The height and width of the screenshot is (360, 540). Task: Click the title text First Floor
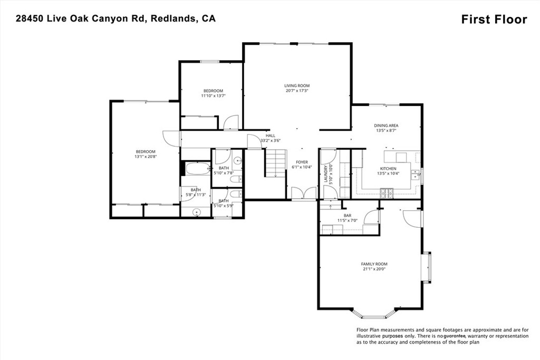494,20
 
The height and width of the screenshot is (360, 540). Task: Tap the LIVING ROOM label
296,85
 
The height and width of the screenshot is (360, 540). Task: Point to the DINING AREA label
386,125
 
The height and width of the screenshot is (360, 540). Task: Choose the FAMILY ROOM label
374,264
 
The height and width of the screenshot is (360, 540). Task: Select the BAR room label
348,216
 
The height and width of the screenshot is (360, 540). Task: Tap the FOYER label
302,162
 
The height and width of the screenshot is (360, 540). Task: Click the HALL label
270,135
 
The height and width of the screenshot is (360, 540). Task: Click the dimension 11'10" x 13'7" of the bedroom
213,96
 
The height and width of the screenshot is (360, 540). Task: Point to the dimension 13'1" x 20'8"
145,157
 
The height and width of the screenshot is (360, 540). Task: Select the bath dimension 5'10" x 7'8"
224,173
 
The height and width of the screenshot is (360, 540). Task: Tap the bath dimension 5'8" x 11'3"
196,195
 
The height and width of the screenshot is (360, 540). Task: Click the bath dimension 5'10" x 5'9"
224,206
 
